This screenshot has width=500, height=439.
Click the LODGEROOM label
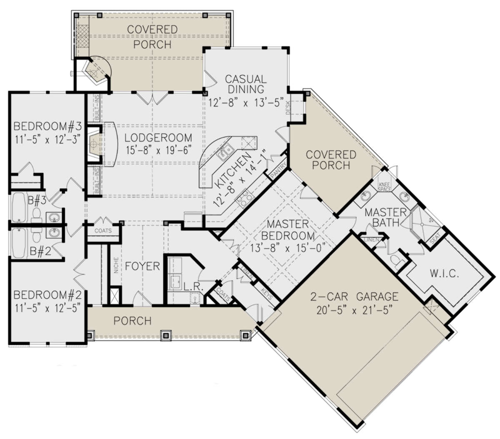[x=158, y=138]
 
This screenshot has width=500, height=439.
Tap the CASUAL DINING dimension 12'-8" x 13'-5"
[x=245, y=102]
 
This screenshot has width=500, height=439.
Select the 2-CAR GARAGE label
[x=354, y=297]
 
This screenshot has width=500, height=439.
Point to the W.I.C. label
[x=444, y=273]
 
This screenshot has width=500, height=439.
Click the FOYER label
[x=142, y=266]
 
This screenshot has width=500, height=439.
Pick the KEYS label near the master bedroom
[x=267, y=293]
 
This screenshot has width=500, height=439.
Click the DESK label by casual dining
[x=288, y=108]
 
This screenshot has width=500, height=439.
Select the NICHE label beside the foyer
[x=116, y=265]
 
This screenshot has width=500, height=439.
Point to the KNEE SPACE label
[x=385, y=187]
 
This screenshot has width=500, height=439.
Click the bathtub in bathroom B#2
[x=18, y=243]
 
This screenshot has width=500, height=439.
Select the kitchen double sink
[x=225, y=151]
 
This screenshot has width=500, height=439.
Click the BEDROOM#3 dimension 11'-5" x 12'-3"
[x=48, y=140]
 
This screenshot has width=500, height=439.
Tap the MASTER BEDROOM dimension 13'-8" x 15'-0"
[x=288, y=248]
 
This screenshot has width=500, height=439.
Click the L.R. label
[x=194, y=287]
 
